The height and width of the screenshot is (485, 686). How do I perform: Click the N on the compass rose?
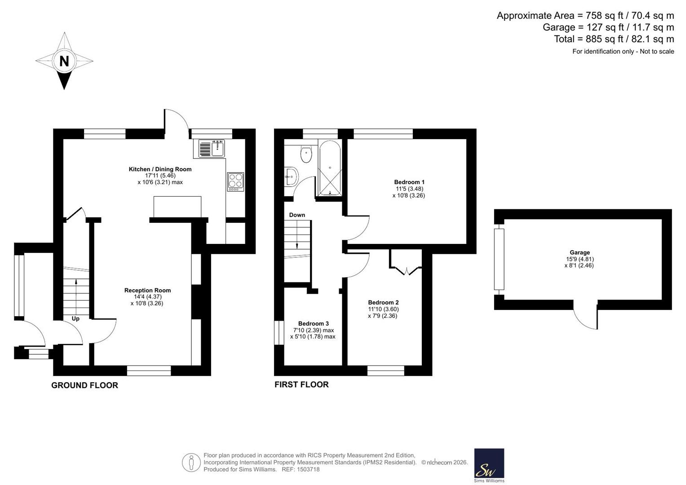tap(64, 61)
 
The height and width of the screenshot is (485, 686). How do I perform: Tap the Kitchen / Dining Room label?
tap(160, 169)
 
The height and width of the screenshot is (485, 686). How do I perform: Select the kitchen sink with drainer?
tap(211, 149)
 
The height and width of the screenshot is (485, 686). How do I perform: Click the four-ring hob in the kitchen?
tap(235, 182)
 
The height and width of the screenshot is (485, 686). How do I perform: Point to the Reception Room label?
tap(148, 290)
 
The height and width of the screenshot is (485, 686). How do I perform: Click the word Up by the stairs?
tap(75, 319)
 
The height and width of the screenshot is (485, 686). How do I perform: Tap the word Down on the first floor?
tap(297, 215)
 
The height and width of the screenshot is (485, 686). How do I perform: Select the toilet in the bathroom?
tap(306, 154)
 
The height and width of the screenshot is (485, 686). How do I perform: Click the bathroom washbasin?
tap(291, 176)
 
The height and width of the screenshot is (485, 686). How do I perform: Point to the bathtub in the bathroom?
tap(330, 168)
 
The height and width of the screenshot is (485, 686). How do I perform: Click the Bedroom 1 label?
tap(409, 182)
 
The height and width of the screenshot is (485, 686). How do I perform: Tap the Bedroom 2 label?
tap(383, 303)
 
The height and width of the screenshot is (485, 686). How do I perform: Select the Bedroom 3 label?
tap(313, 324)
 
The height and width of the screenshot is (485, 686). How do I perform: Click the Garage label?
tap(580, 252)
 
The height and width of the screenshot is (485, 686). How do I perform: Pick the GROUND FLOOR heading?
tap(84, 385)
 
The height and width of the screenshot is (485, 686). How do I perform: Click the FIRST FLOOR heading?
tap(301, 384)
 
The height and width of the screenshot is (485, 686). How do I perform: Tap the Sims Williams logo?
tap(489, 465)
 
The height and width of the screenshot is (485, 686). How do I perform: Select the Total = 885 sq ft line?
tap(614, 39)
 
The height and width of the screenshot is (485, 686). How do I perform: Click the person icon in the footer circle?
tap(191, 463)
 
